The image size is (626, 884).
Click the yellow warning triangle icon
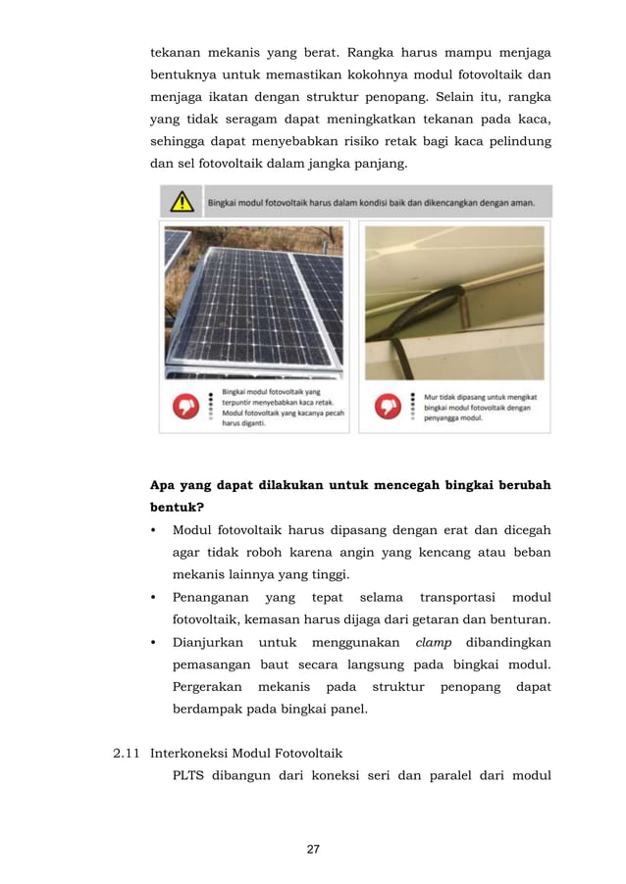pos(182,203)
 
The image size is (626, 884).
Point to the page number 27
pos(313,849)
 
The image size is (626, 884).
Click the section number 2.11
pos(128,754)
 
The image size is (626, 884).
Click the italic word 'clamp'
pos(434,643)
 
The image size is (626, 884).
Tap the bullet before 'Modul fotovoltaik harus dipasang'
pos(154,531)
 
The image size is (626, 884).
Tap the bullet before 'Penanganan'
pos(154,598)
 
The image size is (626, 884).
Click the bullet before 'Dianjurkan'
pos(154,643)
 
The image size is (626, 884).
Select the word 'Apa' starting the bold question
pos(162,485)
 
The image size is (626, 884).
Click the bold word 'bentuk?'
pos(170,508)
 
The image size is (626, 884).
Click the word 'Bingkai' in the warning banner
pos(225,204)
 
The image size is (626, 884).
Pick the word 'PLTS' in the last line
pos(191,780)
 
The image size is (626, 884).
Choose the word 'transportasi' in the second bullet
pos(455,598)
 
